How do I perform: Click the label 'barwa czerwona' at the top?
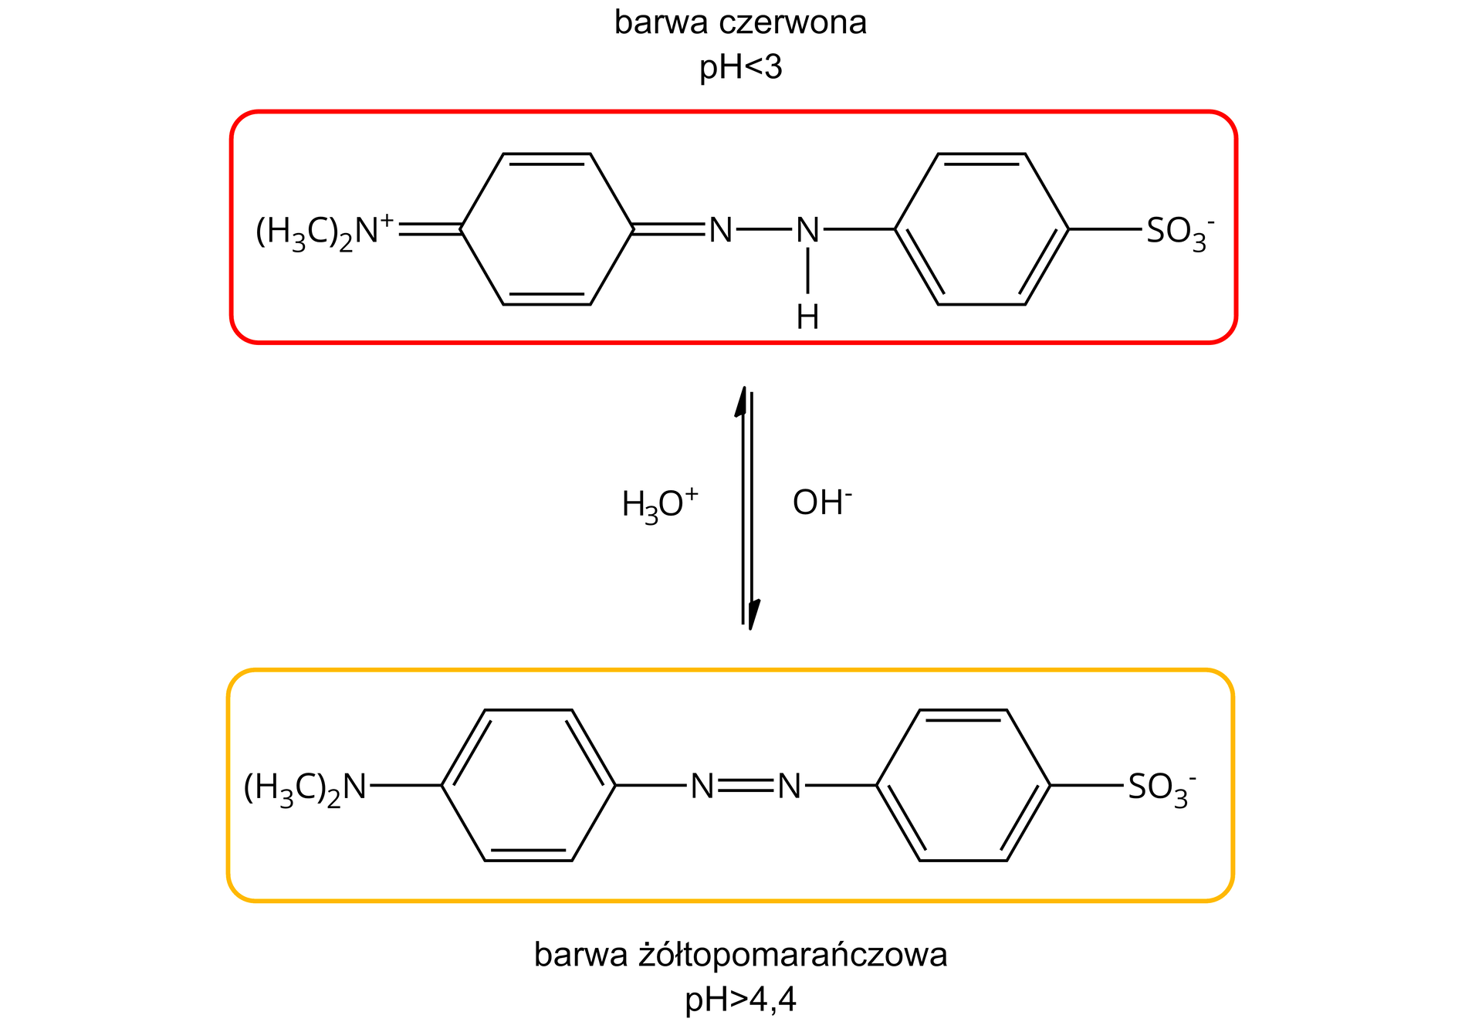(x=740, y=23)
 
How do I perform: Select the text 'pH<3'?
(x=740, y=68)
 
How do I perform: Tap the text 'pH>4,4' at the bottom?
(x=740, y=1000)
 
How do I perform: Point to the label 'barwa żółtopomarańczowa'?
(x=740, y=955)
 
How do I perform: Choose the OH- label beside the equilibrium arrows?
(x=822, y=502)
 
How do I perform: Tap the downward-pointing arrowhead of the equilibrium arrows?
(x=753, y=615)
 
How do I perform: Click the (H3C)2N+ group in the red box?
(x=324, y=231)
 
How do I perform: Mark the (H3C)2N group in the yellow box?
(x=305, y=788)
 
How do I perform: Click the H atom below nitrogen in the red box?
(x=807, y=316)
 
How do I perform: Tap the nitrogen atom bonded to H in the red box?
(x=807, y=230)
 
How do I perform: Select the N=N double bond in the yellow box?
(x=745, y=787)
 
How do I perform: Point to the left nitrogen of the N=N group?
(x=702, y=787)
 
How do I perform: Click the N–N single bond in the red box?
(x=764, y=229)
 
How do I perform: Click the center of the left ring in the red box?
(x=547, y=229)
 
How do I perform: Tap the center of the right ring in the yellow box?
(x=963, y=786)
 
